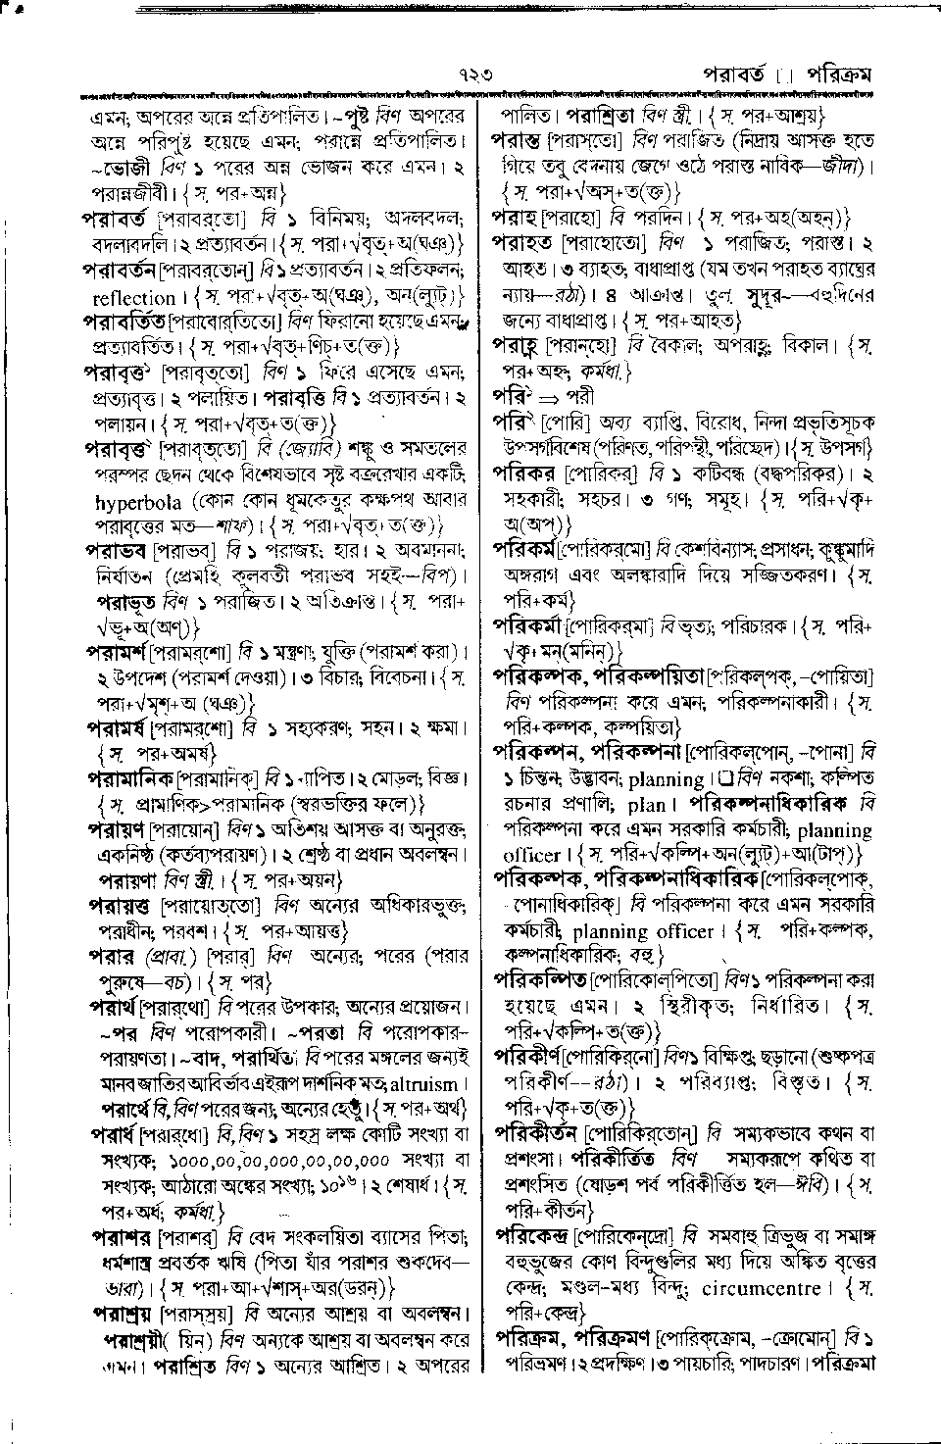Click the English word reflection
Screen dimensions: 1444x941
[133, 296]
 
